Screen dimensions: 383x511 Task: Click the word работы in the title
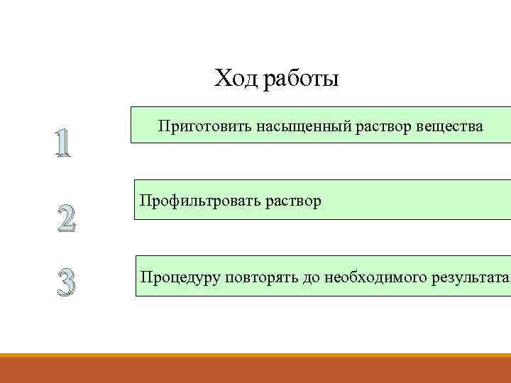pos(300,79)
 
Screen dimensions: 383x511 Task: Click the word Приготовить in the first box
pos(198,128)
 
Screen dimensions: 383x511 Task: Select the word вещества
pos(447,128)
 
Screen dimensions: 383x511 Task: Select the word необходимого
pos(375,276)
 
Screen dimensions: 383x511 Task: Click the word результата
pos(469,276)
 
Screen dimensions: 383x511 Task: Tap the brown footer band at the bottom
pos(255,371)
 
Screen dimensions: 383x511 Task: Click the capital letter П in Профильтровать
pos(145,201)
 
